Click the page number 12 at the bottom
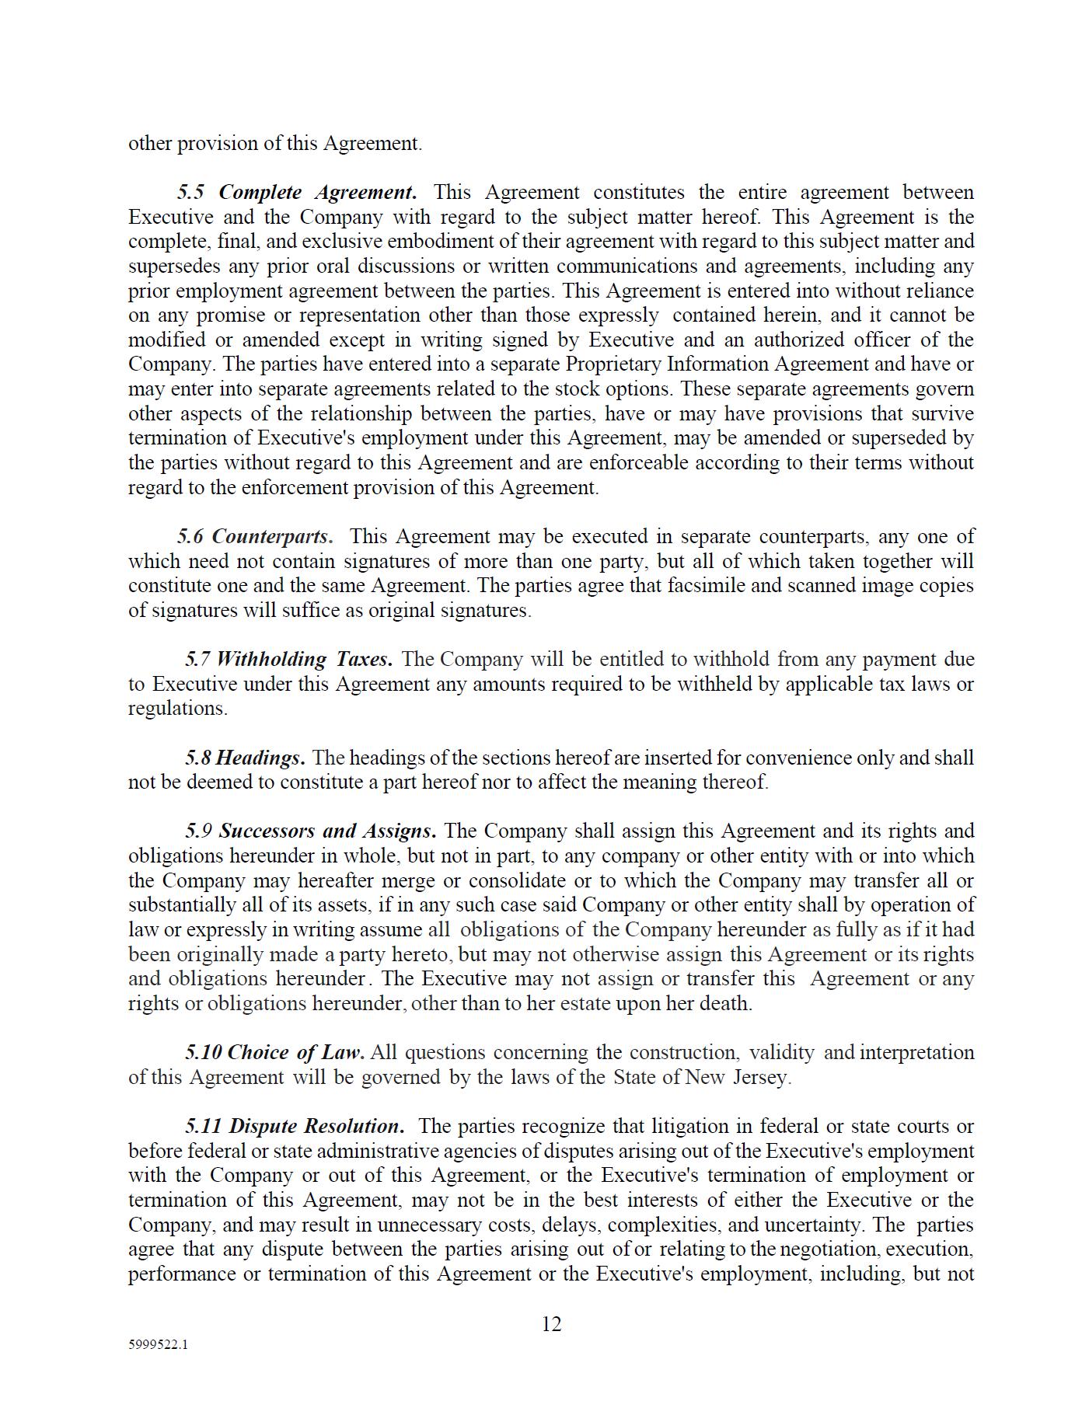tap(551, 1324)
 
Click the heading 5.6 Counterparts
tap(255, 536)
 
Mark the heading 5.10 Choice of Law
tap(274, 1052)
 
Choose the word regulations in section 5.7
tap(177, 709)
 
